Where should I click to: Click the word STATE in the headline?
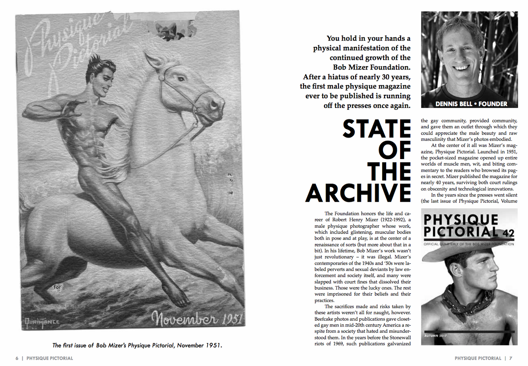pos(376,129)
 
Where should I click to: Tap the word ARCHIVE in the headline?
pos(358,193)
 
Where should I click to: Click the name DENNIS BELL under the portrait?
pos(453,104)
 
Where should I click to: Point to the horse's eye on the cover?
pos(180,79)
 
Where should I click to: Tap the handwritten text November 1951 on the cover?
pos(197,318)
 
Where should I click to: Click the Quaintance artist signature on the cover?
pos(41,322)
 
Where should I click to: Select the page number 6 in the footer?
pos(17,358)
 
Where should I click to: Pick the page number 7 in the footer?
pos(511,358)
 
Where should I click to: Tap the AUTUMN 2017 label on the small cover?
pos(436,335)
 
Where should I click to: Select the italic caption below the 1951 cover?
pos(137,345)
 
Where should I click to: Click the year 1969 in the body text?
pos(338,344)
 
